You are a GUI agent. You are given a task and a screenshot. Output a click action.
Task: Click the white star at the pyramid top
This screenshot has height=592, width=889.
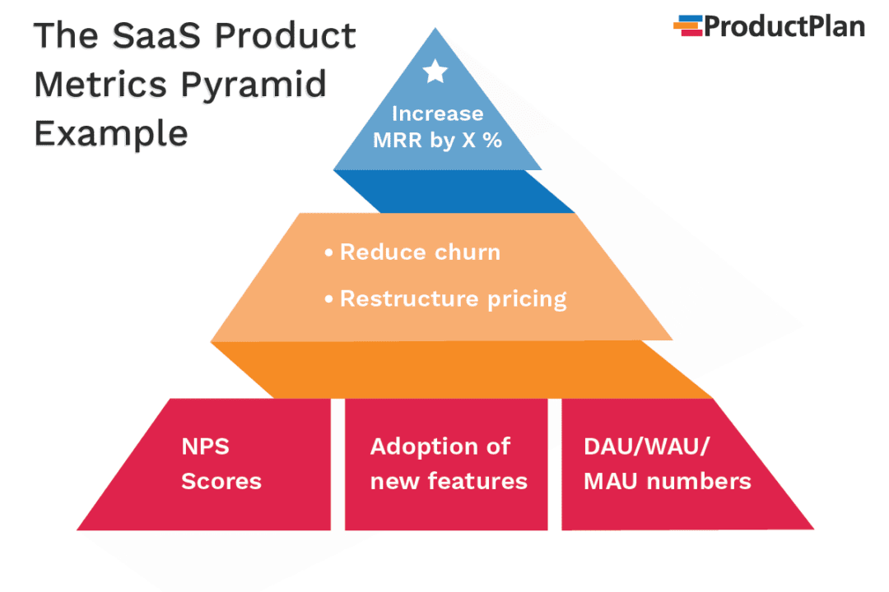pos(435,72)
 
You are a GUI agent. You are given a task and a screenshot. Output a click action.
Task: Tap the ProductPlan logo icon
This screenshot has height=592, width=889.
pos(687,26)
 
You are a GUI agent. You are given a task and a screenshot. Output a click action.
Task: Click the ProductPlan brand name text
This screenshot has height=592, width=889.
pos(784,27)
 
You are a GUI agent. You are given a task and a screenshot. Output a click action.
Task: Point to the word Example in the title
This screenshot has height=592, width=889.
pos(110,132)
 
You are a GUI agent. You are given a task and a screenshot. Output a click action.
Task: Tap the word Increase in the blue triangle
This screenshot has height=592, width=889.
pos(437,113)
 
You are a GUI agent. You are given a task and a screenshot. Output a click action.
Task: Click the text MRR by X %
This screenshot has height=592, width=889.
pos(437,140)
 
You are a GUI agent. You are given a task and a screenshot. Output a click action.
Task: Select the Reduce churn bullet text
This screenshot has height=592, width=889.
pos(420,252)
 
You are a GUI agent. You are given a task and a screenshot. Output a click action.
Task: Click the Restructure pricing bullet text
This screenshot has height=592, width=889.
pos(453,298)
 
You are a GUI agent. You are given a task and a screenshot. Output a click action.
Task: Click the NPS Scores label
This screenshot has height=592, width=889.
pos(221,464)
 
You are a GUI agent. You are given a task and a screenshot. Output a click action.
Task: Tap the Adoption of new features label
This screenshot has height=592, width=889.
pos(448,464)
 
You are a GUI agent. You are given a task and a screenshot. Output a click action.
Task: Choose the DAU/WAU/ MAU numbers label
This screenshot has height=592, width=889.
pos(667,464)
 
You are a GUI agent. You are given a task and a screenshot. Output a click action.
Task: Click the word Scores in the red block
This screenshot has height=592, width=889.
pos(221,481)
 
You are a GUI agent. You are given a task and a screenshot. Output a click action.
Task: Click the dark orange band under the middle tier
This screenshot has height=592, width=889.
pos(461,370)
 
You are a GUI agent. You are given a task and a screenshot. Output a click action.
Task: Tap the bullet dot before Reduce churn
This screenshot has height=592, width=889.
pos(330,252)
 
